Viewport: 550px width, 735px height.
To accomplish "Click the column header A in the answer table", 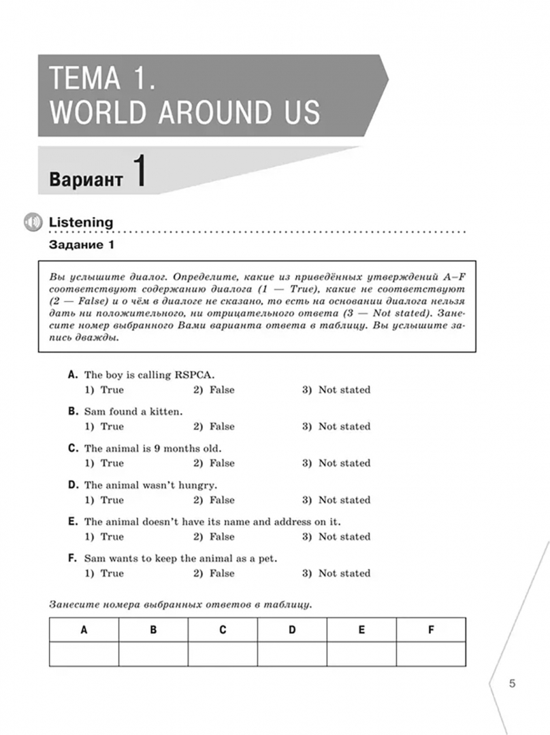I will (84, 630).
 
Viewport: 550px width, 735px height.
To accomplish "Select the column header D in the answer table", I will (292, 630).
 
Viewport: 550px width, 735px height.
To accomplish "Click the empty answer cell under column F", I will (431, 654).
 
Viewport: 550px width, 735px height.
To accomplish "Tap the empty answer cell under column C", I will (223, 654).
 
